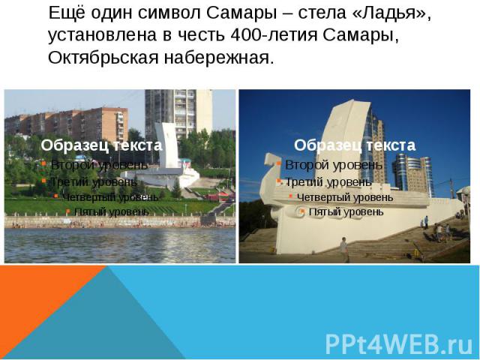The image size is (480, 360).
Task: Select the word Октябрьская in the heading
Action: [103, 58]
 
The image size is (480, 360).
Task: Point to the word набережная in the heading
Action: [219, 58]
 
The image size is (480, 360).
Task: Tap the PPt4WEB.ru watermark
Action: [399, 344]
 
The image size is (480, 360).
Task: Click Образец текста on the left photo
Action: [101, 145]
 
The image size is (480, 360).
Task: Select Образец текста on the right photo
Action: [355, 145]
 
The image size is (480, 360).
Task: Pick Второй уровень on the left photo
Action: [99, 165]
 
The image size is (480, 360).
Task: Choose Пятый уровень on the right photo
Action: [346, 211]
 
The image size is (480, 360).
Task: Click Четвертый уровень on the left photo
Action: [111, 198]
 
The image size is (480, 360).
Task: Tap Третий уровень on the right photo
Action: [328, 182]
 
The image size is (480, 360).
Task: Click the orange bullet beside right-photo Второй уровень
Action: [278, 163]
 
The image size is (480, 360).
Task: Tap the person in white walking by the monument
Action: [344, 249]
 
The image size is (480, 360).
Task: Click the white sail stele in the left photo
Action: [167, 145]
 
